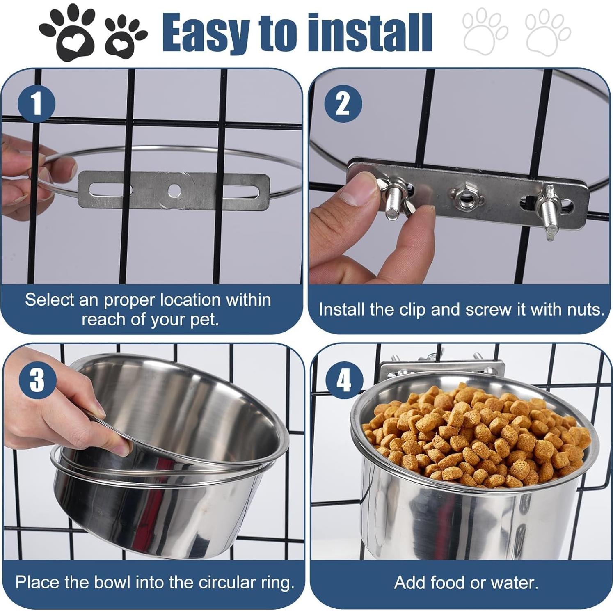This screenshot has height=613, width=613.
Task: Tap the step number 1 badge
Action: [x=37, y=103]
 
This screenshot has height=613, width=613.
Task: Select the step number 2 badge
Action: [x=343, y=103]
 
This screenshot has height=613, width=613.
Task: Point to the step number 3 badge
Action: [x=37, y=379]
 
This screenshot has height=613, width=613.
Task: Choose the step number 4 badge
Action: [x=344, y=380]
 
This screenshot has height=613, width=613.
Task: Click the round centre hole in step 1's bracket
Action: [x=174, y=190]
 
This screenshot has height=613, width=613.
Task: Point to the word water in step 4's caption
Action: [x=515, y=582]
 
